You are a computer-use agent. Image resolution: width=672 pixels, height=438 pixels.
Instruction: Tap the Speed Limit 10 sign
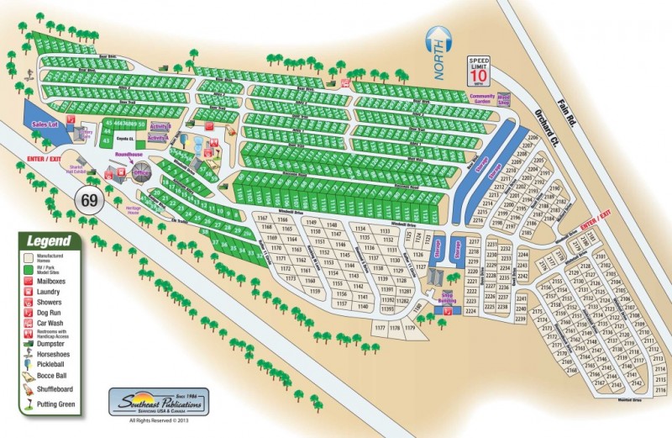[x=479, y=71]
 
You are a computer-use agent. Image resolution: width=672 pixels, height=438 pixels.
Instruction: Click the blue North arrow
[x=439, y=53]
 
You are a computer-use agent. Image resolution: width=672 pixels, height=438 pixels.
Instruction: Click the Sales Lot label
[x=43, y=124]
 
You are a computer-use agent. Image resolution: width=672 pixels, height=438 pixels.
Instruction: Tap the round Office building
[x=140, y=172]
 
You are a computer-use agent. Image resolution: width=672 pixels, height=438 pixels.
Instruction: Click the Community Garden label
[x=482, y=98]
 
